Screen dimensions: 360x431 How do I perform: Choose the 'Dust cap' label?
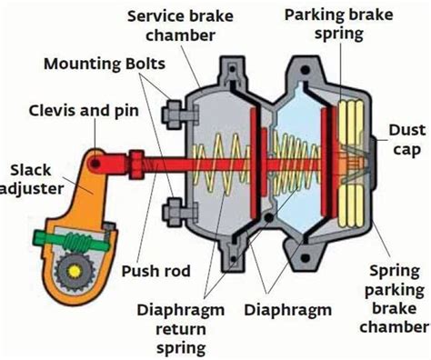(x=406, y=140)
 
